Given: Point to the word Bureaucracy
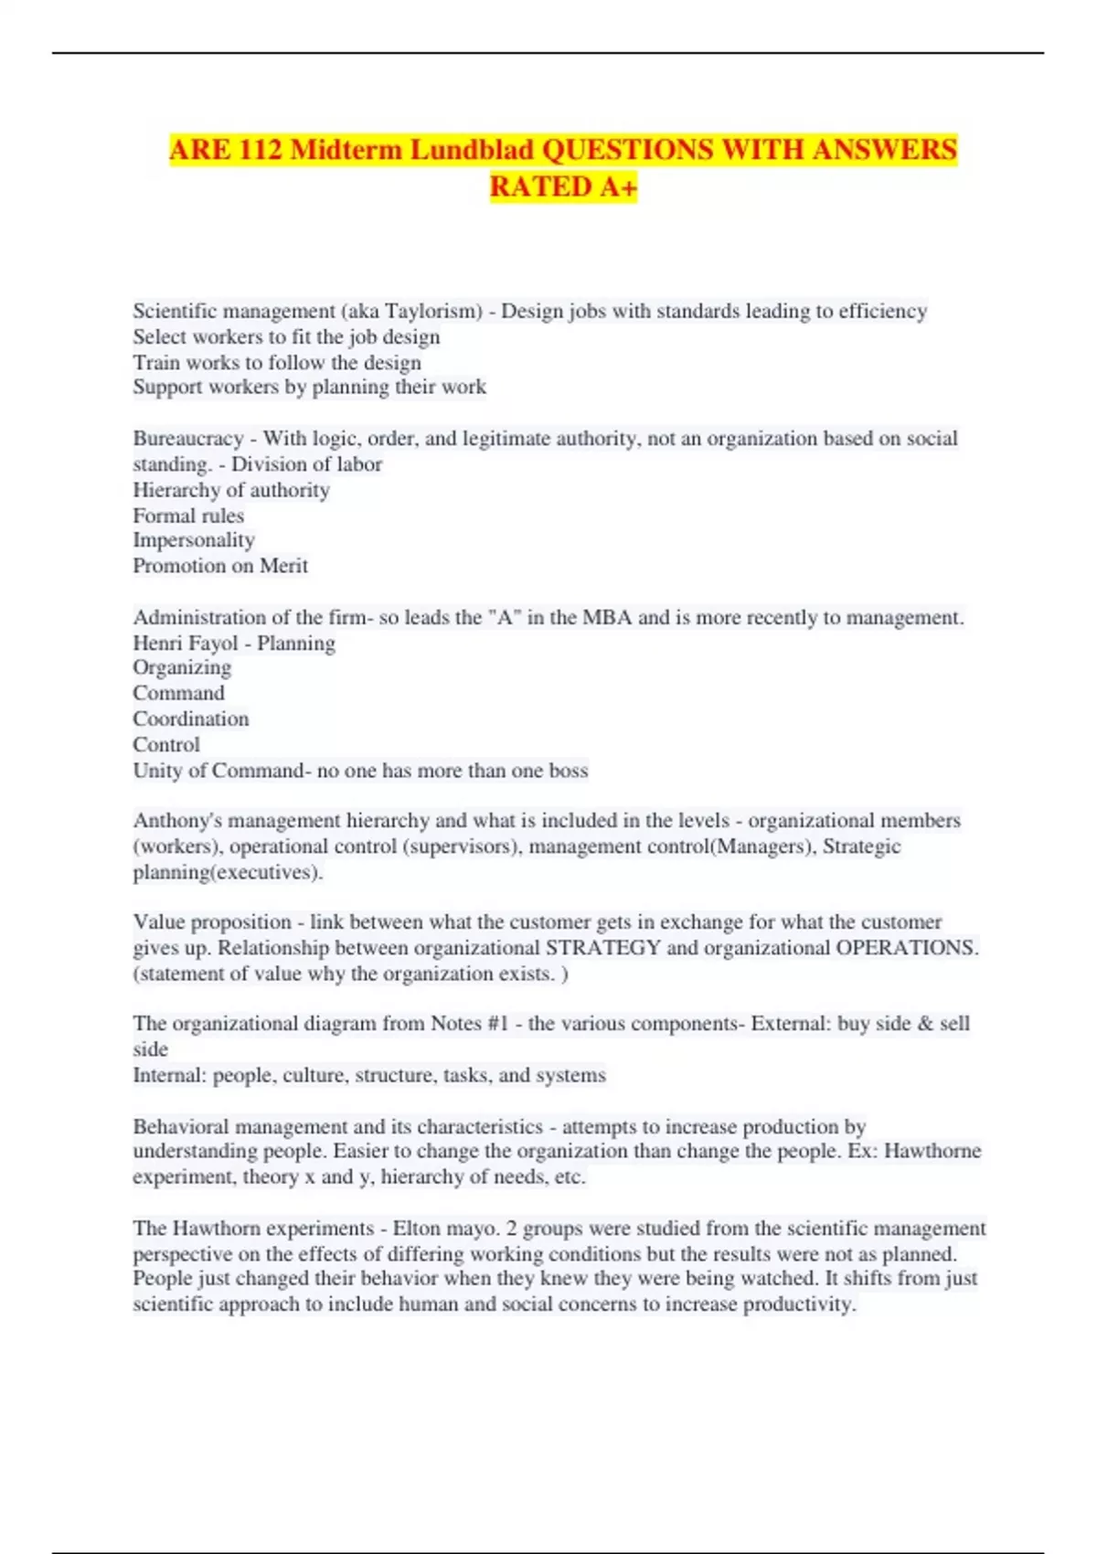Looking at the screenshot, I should coord(188,439).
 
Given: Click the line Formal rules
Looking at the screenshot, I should coord(188,516).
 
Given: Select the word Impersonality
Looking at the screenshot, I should coord(194,540).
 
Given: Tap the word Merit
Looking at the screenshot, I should coord(283,566).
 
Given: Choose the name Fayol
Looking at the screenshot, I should coord(213,644).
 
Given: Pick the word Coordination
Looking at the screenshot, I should coord(191,719).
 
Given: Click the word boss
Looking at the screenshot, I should coord(568,771).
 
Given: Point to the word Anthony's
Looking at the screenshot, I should coord(177,821).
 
